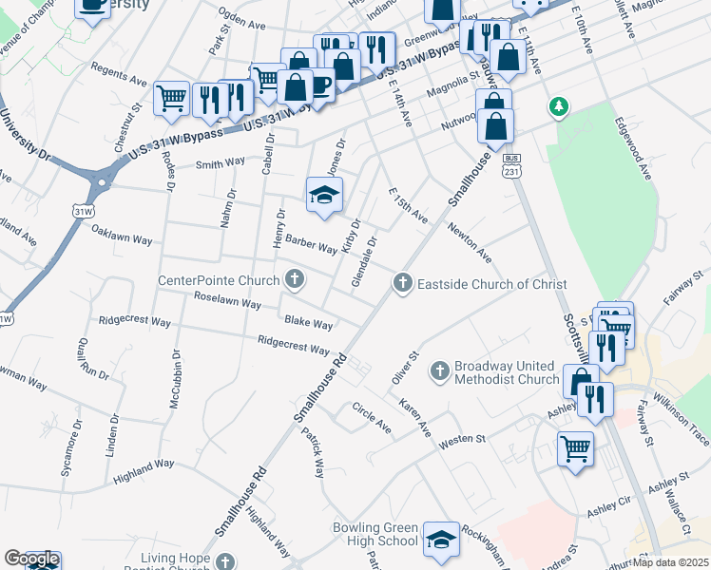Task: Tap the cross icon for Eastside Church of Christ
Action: [403, 283]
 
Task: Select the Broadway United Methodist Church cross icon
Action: [440, 370]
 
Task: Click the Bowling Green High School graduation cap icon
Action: [441, 540]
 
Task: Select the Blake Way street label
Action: [309, 323]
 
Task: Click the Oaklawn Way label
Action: [122, 235]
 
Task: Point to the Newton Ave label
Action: [471, 244]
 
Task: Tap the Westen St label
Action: [461, 440]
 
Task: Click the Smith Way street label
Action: [221, 163]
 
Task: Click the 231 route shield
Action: [512, 172]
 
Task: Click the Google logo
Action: [30, 560]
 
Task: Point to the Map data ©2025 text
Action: [671, 562]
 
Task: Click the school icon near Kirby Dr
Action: [323, 195]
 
